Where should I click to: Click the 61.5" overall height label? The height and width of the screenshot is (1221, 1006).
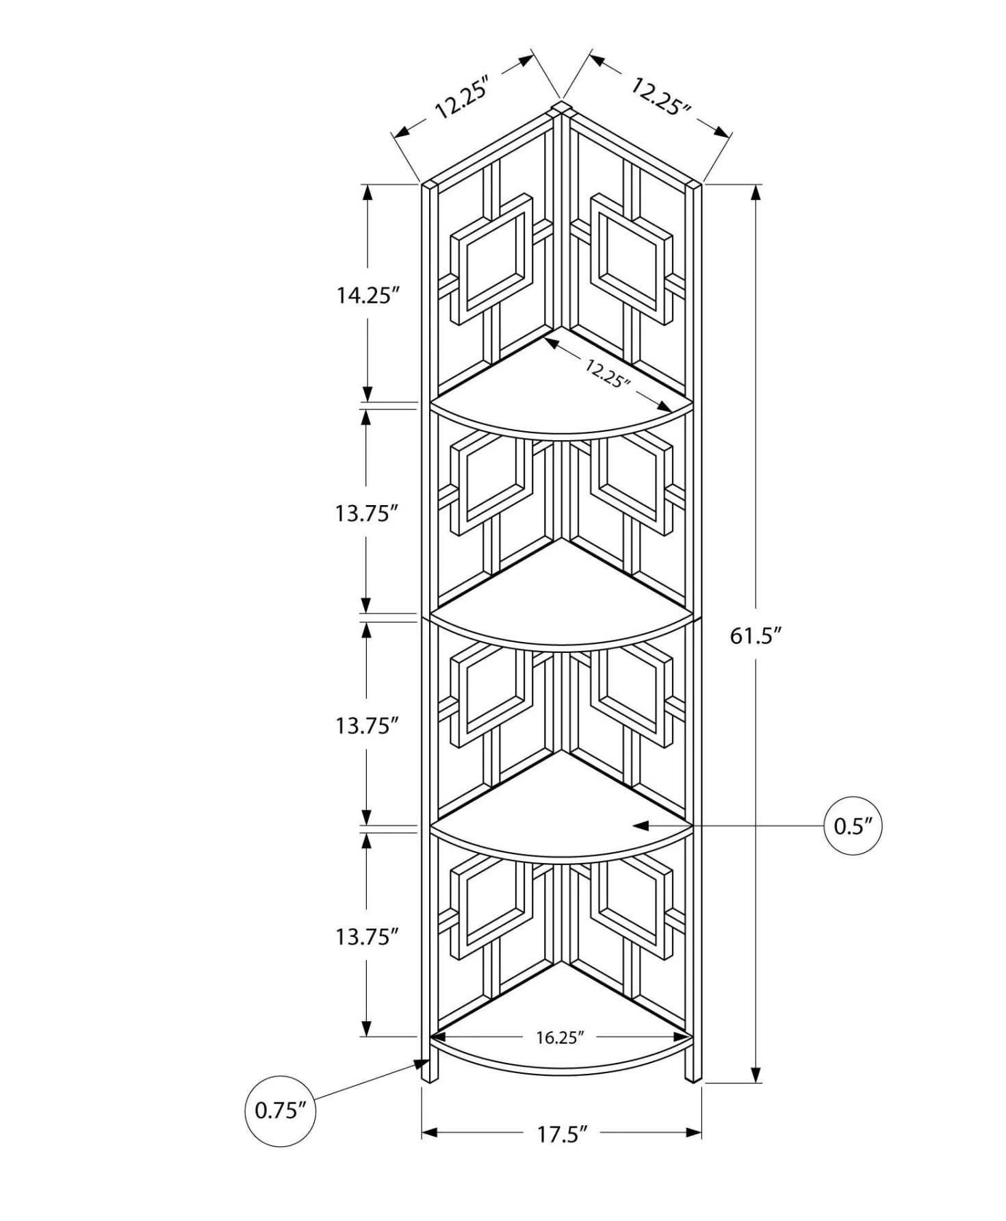[x=756, y=636]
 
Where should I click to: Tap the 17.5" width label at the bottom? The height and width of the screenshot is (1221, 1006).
[x=562, y=1134]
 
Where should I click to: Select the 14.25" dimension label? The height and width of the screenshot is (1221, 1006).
[x=367, y=296]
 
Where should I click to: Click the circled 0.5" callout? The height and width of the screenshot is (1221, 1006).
[x=853, y=826]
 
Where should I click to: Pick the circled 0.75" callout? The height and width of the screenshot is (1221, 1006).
[x=281, y=1110]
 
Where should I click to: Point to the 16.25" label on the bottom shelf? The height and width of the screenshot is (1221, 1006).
[x=560, y=1038]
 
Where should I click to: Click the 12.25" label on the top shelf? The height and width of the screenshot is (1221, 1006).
[x=607, y=373]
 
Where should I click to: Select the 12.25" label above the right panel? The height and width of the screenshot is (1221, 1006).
[x=660, y=97]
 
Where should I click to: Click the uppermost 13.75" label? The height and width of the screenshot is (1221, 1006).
[x=366, y=513]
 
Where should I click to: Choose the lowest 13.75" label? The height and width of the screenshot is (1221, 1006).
[x=366, y=936]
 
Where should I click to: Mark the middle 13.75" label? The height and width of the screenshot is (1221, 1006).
[x=366, y=725]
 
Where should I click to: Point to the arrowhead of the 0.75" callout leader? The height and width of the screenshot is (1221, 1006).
[x=420, y=1064]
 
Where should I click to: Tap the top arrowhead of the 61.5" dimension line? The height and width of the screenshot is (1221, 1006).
[x=756, y=192]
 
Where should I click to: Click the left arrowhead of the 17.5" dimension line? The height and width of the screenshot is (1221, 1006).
[x=430, y=1133]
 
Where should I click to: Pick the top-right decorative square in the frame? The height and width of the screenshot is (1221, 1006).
[x=632, y=259]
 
